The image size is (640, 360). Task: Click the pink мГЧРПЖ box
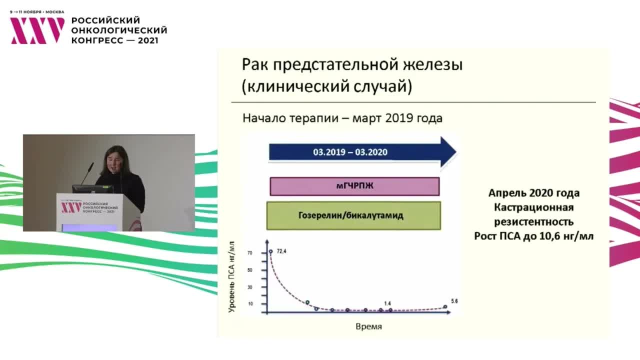354,186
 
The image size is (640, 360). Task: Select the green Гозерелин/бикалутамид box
353,215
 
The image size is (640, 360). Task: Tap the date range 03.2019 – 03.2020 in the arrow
350,152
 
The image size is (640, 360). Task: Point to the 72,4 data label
281,251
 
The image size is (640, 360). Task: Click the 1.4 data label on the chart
387,303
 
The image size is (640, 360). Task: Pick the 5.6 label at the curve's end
454,301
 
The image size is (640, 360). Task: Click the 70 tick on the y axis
249,253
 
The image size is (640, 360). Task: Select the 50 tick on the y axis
249,270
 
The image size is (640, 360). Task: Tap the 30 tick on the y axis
249,287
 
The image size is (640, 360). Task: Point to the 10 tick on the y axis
249,304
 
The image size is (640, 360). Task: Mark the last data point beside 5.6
445,307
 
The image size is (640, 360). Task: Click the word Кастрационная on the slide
533,207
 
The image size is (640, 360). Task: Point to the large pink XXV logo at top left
37,30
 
